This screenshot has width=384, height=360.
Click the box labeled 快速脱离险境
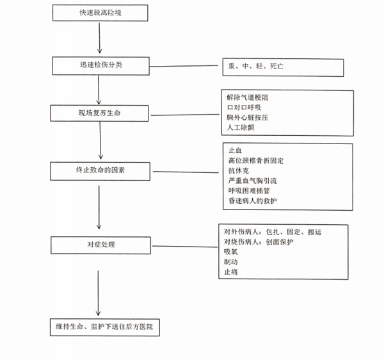click(x=100, y=13)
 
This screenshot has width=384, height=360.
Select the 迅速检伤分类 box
click(x=100, y=66)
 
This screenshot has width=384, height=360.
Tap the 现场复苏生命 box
click(x=99, y=113)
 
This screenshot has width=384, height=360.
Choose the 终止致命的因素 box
click(x=100, y=171)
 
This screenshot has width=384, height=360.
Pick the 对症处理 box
click(x=100, y=245)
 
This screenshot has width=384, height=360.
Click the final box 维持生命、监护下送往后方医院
click(x=105, y=327)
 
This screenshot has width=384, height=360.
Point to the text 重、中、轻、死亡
click(x=255, y=66)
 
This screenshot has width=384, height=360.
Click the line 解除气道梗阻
click(x=247, y=97)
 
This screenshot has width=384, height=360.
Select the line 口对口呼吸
click(x=244, y=108)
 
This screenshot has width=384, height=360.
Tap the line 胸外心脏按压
click(x=247, y=117)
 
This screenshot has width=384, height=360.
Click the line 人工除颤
click(x=241, y=127)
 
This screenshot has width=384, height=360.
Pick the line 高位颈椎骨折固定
click(x=256, y=161)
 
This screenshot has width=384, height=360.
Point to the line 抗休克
click(x=239, y=170)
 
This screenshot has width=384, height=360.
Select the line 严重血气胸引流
click(x=253, y=181)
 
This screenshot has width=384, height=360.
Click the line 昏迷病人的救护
click(x=253, y=200)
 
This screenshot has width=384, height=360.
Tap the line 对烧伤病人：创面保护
click(x=259, y=242)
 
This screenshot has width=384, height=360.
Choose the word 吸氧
click(x=230, y=252)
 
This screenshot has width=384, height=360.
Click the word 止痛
click(x=230, y=272)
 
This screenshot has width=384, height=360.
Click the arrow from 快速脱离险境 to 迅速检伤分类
click(x=99, y=38)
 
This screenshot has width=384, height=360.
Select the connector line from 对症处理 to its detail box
click(x=185, y=246)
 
